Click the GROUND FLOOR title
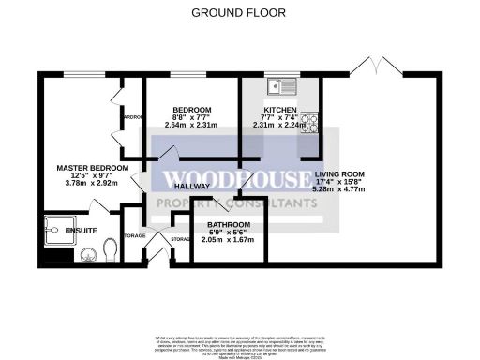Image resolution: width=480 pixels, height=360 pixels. click(238, 12)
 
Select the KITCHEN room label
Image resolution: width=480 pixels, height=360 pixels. click(280, 110)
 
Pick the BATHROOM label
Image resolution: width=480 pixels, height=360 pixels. click(228, 226)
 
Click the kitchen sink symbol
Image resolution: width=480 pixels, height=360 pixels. click(278, 87)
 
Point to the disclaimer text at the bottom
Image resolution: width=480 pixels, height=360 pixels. click(239, 343)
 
